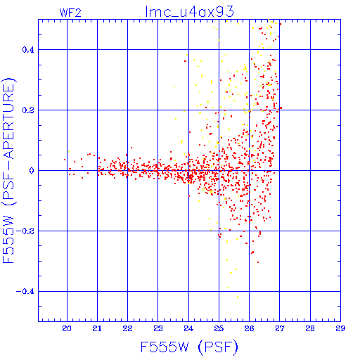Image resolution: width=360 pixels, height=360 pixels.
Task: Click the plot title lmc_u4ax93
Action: (x=190, y=12)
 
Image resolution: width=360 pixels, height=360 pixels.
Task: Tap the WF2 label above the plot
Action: (x=70, y=13)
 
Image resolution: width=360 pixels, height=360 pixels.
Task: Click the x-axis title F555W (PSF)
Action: (x=189, y=347)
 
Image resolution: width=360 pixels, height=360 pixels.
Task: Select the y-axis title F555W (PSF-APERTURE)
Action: (x=8, y=170)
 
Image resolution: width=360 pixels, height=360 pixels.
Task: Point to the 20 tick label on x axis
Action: (x=67, y=328)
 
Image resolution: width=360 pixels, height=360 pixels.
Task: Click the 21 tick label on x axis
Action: (x=97, y=328)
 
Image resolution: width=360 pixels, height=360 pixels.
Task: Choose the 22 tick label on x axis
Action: (x=127, y=328)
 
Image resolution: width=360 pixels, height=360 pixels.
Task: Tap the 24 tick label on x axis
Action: (x=188, y=328)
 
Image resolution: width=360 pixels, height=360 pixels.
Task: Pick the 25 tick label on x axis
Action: (x=219, y=328)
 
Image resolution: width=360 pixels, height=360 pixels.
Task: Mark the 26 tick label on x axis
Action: (x=249, y=328)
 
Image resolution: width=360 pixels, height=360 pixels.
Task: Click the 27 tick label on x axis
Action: (x=280, y=328)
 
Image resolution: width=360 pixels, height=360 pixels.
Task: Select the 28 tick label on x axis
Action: (x=310, y=328)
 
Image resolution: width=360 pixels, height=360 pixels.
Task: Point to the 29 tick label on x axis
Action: (x=340, y=328)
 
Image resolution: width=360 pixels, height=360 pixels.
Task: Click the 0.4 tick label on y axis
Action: (x=28, y=50)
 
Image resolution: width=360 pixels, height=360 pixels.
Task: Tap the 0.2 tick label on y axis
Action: (x=28, y=110)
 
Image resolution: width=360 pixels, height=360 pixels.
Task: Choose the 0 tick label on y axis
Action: (x=32, y=171)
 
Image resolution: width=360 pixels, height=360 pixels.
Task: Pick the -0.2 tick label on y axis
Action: (x=25, y=231)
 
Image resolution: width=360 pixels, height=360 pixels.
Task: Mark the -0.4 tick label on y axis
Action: (x=25, y=292)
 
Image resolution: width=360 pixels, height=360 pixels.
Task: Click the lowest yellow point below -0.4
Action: (x=238, y=297)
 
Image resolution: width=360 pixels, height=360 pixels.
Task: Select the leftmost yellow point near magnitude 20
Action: (x=69, y=152)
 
